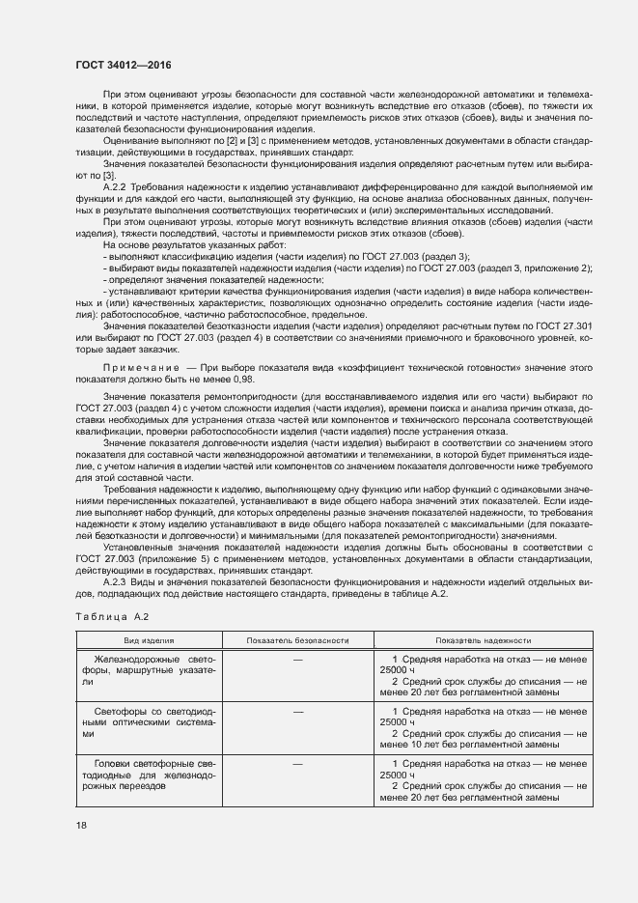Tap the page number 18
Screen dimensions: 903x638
(x=80, y=824)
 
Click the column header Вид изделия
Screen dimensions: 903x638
(x=148, y=640)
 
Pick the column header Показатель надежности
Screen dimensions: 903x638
(x=483, y=640)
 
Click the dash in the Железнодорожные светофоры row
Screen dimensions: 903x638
(x=297, y=659)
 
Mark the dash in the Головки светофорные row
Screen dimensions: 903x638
(x=297, y=764)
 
